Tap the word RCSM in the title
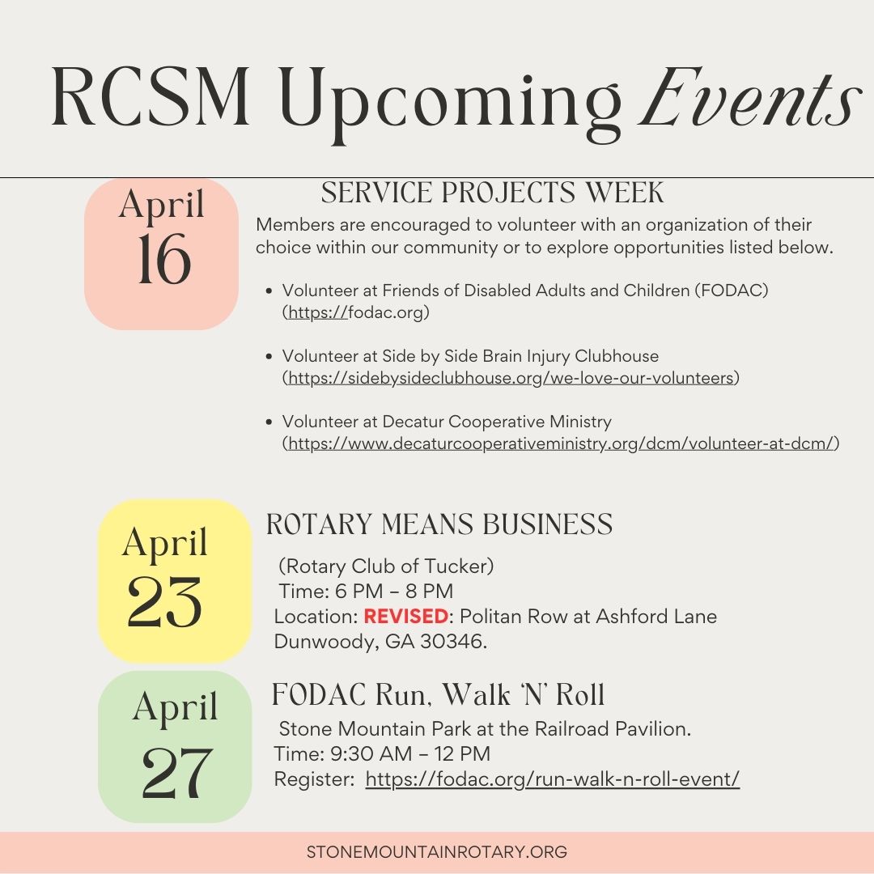151,97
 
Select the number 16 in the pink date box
163,259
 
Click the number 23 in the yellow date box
163,601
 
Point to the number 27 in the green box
176,773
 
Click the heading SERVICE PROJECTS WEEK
493,193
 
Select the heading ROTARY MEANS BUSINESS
439,524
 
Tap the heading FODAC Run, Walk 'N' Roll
438,694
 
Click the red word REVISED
405,616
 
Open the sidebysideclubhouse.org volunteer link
511,378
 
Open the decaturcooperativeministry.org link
562,443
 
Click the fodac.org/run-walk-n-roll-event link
553,779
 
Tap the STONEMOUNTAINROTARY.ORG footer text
437,851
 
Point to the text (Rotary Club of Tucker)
386,566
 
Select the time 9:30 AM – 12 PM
410,753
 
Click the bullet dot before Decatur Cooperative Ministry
269,422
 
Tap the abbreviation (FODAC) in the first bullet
732,291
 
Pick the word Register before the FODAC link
313,779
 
